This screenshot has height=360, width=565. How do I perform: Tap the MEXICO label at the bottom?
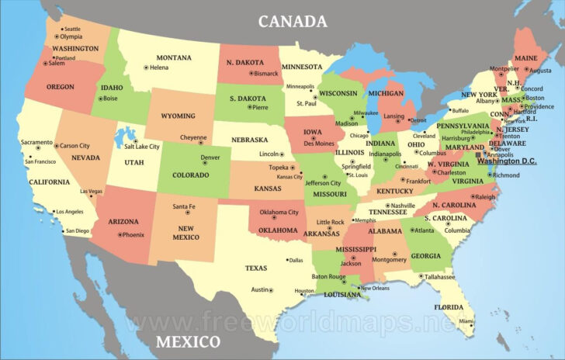point(187,342)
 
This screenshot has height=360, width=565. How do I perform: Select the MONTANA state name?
point(174,57)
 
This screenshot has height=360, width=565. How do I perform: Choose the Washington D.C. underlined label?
point(508,161)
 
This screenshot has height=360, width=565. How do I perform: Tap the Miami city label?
point(466,320)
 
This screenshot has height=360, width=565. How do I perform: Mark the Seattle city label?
point(71,29)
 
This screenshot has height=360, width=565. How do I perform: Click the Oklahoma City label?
point(279,212)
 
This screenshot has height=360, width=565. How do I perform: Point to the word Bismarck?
point(265,73)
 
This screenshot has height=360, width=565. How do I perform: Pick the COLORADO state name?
point(190,175)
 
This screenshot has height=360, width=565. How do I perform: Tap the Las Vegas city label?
point(90,191)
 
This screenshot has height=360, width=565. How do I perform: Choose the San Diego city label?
point(77,230)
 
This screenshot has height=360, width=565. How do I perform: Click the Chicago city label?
point(358,135)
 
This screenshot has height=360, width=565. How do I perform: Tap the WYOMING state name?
point(178,116)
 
